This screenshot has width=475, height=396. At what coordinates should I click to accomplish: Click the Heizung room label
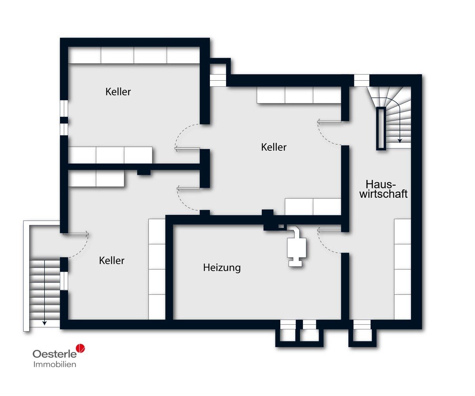[222, 267]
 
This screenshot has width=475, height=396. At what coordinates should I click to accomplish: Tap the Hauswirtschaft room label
[383, 189]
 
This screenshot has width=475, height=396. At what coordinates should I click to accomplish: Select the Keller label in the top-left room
[118, 92]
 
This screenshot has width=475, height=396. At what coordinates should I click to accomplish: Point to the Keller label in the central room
[274, 147]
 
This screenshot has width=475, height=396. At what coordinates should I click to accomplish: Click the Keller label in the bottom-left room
[112, 261]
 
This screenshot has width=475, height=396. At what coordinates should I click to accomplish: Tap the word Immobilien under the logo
[55, 364]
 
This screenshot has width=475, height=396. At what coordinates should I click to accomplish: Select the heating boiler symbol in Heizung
[296, 246]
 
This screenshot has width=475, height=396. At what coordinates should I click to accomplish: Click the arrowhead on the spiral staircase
[400, 140]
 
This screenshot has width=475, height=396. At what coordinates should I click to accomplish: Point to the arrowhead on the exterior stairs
[45, 323]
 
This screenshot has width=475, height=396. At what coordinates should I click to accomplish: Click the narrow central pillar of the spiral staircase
[381, 129]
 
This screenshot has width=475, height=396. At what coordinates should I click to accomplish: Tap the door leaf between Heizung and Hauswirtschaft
[329, 230]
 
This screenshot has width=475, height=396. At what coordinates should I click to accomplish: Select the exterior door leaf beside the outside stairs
[76, 233]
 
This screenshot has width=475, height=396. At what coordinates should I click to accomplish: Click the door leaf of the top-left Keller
[187, 149]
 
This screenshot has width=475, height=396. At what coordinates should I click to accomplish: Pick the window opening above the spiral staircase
[362, 80]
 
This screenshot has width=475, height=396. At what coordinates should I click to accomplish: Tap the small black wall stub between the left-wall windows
[64, 120]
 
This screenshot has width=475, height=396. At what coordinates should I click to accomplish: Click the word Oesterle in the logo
[55, 354]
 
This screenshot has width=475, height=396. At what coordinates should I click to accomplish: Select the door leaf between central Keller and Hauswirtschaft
[329, 121]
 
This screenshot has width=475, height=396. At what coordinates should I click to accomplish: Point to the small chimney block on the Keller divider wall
[144, 172]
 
